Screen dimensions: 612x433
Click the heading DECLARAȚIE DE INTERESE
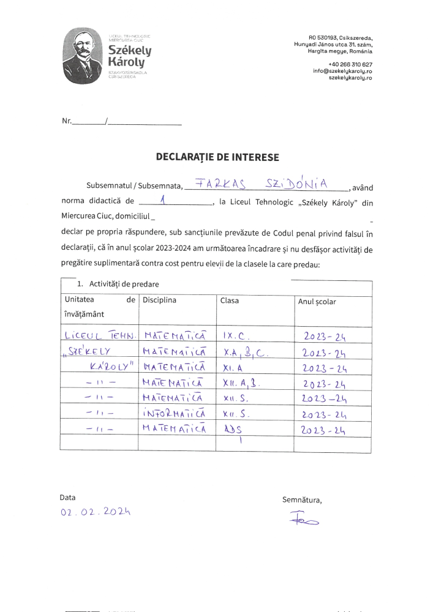[x=217, y=157]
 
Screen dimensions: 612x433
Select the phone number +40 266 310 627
[x=350, y=64]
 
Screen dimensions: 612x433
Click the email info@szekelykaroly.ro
[x=342, y=71]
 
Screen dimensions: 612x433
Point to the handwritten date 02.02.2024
[x=97, y=513]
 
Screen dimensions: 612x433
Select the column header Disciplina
[x=159, y=300]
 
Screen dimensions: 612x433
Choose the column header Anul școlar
[x=317, y=302]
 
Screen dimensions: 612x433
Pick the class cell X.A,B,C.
[x=246, y=351]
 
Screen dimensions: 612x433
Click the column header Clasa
[x=230, y=300]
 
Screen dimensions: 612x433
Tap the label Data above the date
[x=67, y=498]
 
